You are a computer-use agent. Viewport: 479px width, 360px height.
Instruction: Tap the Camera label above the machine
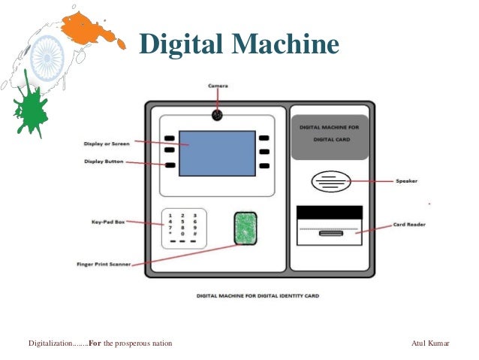tap(218, 86)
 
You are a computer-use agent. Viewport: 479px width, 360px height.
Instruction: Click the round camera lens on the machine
tap(217, 115)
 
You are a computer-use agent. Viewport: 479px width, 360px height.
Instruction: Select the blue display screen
tap(217, 153)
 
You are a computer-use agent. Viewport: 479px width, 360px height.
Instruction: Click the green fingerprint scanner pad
tap(245, 228)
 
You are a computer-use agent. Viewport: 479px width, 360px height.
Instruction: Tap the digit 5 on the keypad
tap(182, 222)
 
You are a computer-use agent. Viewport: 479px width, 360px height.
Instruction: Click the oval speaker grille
tap(330, 181)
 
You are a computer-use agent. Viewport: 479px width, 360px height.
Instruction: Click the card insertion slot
tap(329, 234)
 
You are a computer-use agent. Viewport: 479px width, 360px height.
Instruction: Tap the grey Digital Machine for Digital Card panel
tap(330, 137)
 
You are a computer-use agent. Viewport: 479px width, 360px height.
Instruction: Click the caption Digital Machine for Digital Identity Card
tap(258, 296)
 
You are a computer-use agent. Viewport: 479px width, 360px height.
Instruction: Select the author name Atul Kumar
tap(431, 343)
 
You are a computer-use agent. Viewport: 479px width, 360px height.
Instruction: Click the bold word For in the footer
tap(95, 343)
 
